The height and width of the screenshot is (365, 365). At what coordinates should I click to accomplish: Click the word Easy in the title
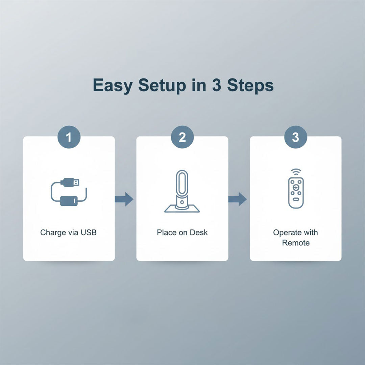tap(113, 86)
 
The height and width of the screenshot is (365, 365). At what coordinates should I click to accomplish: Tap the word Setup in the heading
tap(162, 86)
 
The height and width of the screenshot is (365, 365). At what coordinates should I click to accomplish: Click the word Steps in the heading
tap(250, 86)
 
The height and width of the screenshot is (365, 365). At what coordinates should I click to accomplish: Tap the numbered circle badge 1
tap(69, 137)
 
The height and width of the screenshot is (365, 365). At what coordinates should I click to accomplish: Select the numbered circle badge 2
tap(182, 137)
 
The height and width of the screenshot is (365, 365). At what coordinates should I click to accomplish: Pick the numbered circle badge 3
tap(296, 137)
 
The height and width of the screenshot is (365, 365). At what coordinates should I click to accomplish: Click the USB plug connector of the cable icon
tap(70, 182)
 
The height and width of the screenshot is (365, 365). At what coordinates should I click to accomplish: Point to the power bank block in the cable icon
tap(69, 201)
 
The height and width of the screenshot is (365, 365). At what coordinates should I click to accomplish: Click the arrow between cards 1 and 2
tap(124, 199)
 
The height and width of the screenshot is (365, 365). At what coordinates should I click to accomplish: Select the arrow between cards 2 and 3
tap(238, 199)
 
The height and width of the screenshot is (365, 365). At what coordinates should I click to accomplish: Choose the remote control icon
tap(296, 193)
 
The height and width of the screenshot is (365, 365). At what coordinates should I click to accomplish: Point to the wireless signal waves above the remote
tap(296, 172)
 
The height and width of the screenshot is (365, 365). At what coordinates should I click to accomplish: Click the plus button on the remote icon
tap(296, 187)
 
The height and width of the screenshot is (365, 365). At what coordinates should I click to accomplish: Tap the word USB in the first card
tap(89, 232)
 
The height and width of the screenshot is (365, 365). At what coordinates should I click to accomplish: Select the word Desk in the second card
tap(199, 232)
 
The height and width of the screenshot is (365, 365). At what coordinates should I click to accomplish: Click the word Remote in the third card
tap(296, 243)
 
